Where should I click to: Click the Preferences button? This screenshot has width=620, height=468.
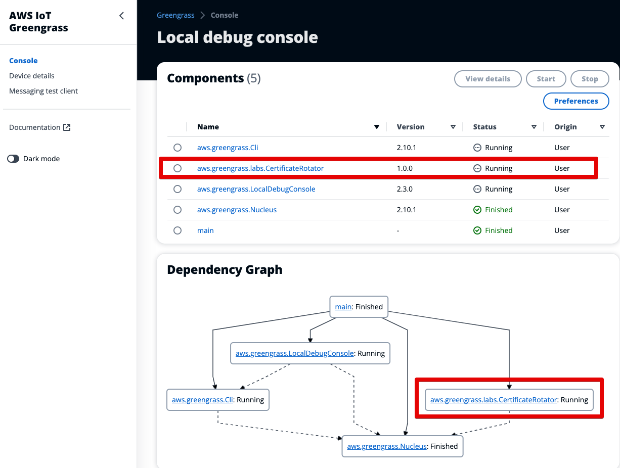[576, 101]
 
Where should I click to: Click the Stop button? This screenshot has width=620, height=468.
[589, 79]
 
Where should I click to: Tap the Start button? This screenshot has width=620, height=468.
[546, 79]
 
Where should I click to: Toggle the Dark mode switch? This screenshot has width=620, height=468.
[13, 159]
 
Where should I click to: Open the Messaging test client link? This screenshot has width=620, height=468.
[43, 91]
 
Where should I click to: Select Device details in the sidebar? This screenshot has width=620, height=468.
[32, 76]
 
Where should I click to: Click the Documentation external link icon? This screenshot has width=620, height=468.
[67, 127]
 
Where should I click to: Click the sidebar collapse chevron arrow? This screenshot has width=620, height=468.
[121, 16]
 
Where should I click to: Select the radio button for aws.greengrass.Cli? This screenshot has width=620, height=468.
[177, 148]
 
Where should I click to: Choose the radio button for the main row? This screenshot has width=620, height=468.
[177, 230]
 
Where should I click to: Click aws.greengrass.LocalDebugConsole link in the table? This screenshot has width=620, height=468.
[256, 189]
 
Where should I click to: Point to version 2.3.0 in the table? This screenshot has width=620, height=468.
[405, 189]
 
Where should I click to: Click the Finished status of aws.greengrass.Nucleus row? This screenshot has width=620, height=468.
[498, 210]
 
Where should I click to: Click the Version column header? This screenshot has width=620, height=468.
[411, 127]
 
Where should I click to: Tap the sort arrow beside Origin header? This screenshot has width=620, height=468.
[602, 127]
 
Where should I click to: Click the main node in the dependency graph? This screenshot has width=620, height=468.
[343, 307]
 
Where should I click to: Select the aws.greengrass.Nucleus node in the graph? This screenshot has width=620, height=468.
[387, 446]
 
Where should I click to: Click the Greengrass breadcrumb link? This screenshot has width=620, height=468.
[175, 15]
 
